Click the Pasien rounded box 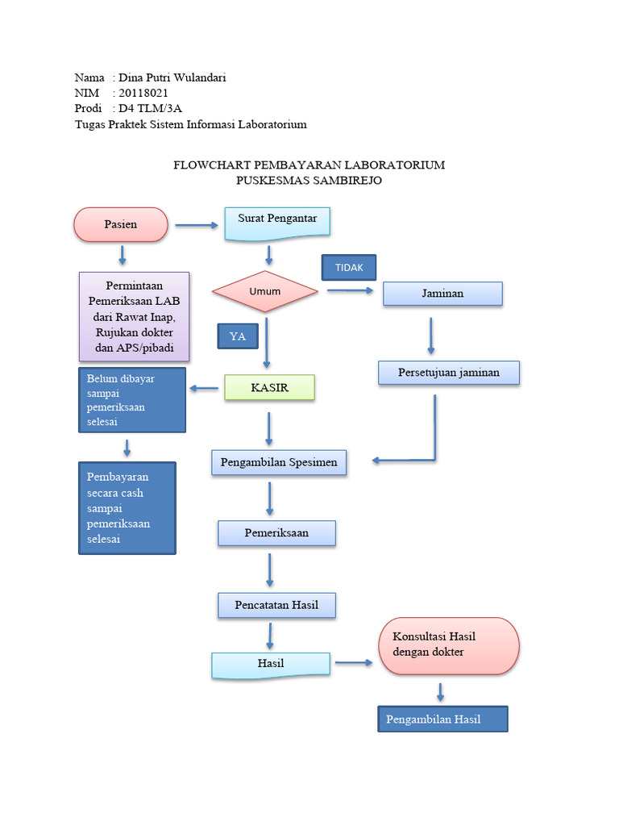[x=121, y=224]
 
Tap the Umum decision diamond [x=265, y=291]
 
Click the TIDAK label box [x=349, y=268]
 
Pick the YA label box [x=238, y=336]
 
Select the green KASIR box [x=269, y=388]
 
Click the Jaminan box [x=442, y=294]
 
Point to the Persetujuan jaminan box [x=449, y=372]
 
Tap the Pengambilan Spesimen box [x=279, y=463]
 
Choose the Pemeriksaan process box [x=276, y=533]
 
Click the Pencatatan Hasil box [x=276, y=605]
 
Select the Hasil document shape [x=271, y=664]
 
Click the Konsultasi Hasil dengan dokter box [x=449, y=645]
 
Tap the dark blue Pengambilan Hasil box [x=442, y=719]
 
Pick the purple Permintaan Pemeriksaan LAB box [x=134, y=316]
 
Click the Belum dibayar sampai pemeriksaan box [x=132, y=400]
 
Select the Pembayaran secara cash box [x=127, y=508]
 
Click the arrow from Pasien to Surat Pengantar [x=196, y=225]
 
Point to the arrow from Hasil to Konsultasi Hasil [x=354, y=663]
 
